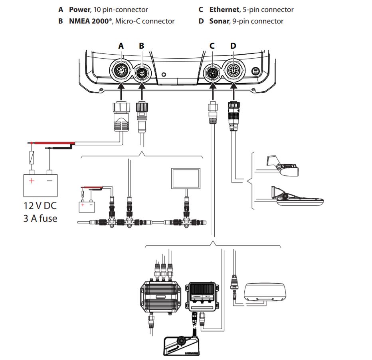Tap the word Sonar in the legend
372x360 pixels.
tap(219, 21)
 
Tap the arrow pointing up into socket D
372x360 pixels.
tap(233, 92)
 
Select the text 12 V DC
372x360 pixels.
tap(40, 206)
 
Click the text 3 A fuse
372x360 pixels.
tap(40, 218)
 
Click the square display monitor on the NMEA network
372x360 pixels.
tap(185, 178)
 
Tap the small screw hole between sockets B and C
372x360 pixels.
tap(164, 75)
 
